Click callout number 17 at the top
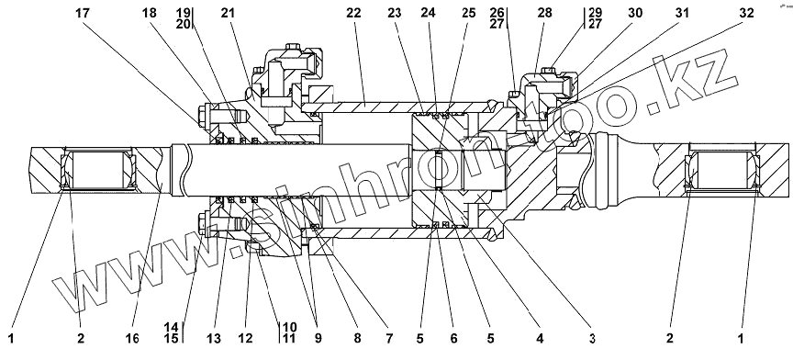(x=83, y=14)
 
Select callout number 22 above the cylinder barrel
(x=354, y=14)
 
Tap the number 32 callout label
(x=746, y=14)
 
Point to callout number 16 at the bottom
(x=132, y=338)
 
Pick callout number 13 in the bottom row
(x=214, y=338)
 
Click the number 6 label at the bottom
(x=453, y=338)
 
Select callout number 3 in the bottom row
(x=589, y=338)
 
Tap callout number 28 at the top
(x=544, y=14)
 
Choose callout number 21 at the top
(x=229, y=14)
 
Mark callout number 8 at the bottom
(x=358, y=338)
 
